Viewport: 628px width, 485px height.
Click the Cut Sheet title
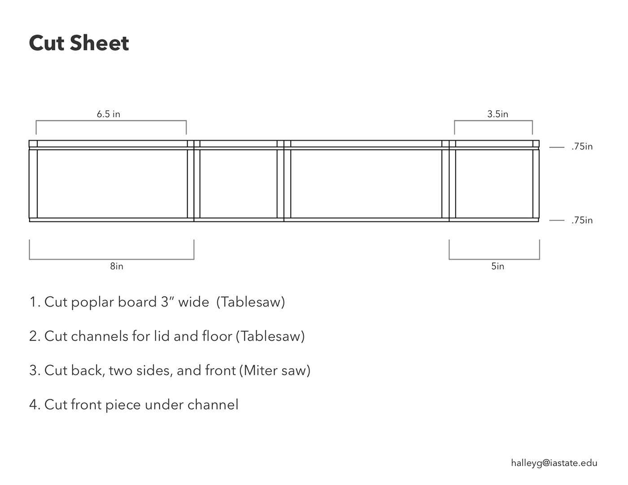click(79, 43)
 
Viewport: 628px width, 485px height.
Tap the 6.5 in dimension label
click(109, 114)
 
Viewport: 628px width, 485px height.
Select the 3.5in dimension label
click(497, 114)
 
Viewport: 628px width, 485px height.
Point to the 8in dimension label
click(117, 266)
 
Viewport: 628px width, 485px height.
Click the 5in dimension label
click(497, 266)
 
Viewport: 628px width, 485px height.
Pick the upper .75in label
click(582, 147)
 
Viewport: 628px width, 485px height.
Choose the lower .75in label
click(582, 220)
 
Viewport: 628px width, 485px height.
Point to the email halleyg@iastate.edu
click(554, 463)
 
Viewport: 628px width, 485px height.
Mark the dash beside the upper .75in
click(557, 147)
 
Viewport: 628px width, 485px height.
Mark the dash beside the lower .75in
click(557, 221)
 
